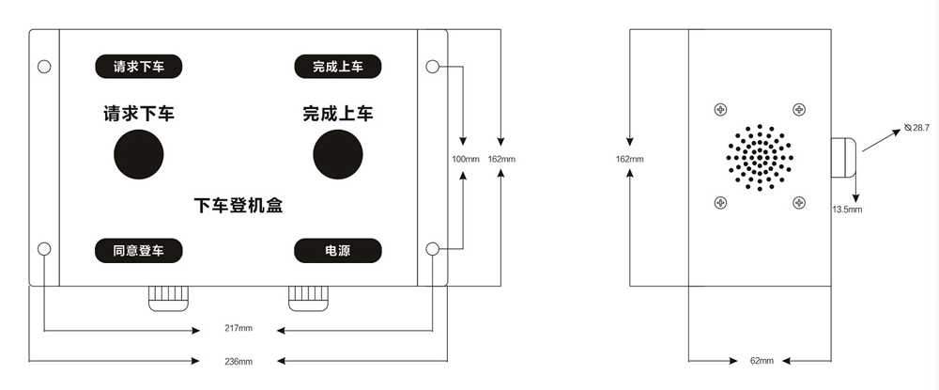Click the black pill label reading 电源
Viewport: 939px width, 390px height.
tap(337, 251)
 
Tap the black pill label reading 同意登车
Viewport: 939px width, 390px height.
tap(138, 251)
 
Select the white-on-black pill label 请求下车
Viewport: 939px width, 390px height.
tap(138, 67)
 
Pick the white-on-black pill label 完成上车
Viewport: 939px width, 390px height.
tap(337, 67)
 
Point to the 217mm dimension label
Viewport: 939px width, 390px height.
tap(239, 329)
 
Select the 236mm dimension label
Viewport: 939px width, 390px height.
tap(239, 360)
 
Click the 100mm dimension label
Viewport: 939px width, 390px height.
tap(465, 160)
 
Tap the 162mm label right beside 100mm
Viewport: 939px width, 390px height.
tap(501, 160)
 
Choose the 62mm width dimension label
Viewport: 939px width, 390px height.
tap(762, 361)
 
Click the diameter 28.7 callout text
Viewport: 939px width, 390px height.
tap(916, 127)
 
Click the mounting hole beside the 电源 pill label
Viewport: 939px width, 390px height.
tap(432, 249)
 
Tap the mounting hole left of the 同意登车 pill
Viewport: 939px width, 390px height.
tap(44, 249)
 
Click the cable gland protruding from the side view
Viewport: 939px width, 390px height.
tap(843, 159)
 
